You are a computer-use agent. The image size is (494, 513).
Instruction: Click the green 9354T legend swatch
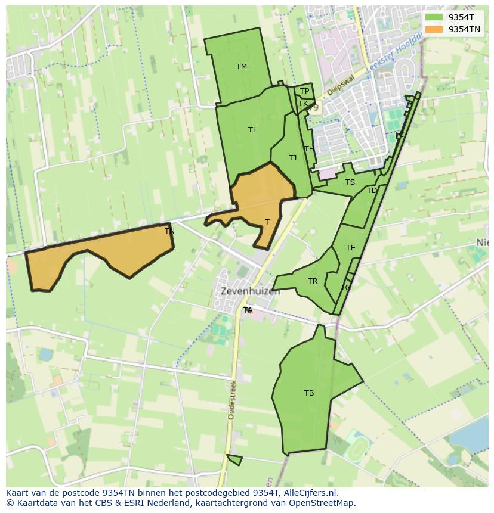click(x=434, y=18)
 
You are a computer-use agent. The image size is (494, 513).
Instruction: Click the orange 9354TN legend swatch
click(x=434, y=29)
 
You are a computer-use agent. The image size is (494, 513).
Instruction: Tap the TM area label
click(x=241, y=67)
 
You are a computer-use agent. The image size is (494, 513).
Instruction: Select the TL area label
click(x=252, y=130)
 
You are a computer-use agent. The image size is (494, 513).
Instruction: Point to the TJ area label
click(x=292, y=158)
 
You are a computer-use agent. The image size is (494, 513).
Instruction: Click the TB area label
click(x=309, y=393)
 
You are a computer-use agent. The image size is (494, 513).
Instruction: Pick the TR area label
click(x=313, y=281)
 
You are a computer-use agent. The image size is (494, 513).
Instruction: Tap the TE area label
click(x=350, y=248)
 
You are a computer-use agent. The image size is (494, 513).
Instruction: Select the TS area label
click(x=350, y=182)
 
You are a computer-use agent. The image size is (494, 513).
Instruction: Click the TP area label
click(x=304, y=91)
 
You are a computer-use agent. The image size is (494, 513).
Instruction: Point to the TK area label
click(x=303, y=104)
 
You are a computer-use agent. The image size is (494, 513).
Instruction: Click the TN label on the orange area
click(x=169, y=231)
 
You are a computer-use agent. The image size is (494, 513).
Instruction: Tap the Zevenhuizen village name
click(x=250, y=292)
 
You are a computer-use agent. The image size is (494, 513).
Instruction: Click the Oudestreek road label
click(x=232, y=399)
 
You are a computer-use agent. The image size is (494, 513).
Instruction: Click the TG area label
click(x=345, y=288)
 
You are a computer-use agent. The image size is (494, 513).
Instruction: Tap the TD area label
click(x=372, y=191)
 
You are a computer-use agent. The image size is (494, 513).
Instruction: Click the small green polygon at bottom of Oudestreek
click(x=235, y=459)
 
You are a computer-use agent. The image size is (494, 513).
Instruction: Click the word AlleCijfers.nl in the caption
click(x=310, y=493)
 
